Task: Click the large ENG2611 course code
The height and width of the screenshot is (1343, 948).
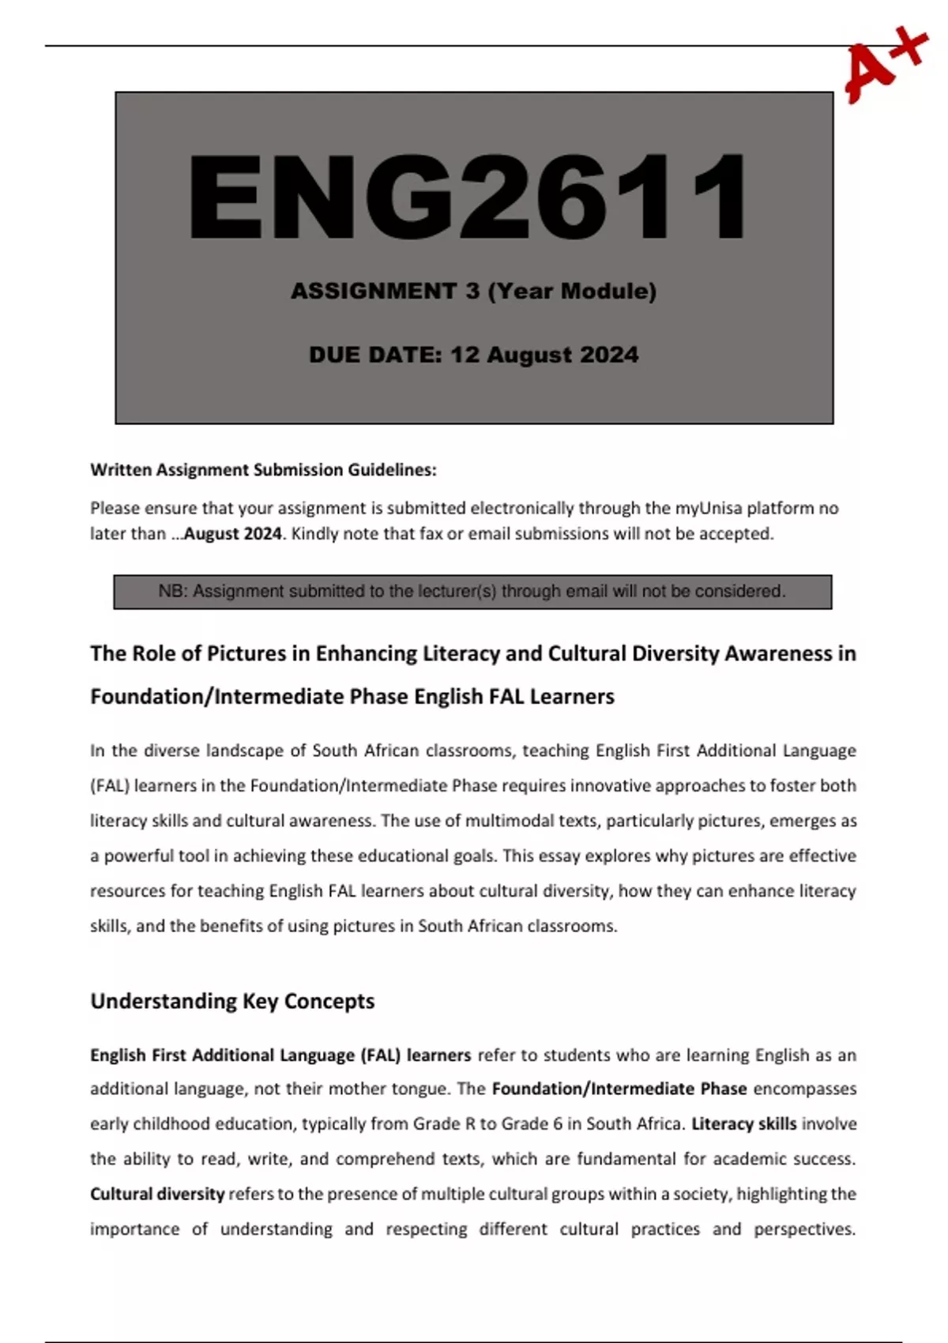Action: point(468,197)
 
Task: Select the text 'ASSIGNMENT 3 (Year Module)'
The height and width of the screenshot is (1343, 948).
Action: point(473,292)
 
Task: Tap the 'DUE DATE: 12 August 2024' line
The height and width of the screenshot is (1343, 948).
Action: point(473,355)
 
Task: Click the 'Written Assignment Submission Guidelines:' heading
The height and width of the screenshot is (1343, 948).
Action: point(263,470)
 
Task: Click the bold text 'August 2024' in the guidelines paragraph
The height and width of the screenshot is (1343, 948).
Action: point(232,534)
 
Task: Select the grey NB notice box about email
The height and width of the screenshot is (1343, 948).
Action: point(472,592)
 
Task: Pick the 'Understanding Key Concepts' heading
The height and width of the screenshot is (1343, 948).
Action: point(232,1001)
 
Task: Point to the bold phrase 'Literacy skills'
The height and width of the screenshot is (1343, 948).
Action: point(743,1124)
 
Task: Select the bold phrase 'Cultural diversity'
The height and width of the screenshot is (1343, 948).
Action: point(157,1194)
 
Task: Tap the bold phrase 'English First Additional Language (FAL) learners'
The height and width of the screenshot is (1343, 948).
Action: point(280,1055)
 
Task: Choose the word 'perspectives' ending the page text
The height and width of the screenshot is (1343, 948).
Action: point(803,1229)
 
